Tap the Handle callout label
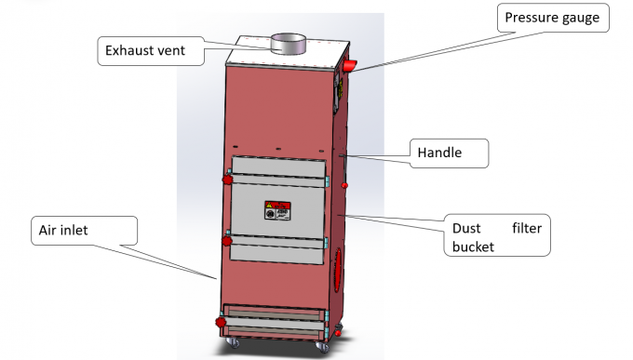pyautogui.click(x=439, y=152)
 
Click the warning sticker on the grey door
pyautogui.click(x=277, y=211)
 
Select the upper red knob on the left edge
pyautogui.click(x=225, y=176)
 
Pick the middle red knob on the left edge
pyautogui.click(x=224, y=241)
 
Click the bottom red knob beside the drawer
pyautogui.click(x=222, y=322)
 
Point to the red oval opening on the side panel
pyautogui.click(x=339, y=271)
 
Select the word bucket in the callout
pyautogui.click(x=472, y=247)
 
